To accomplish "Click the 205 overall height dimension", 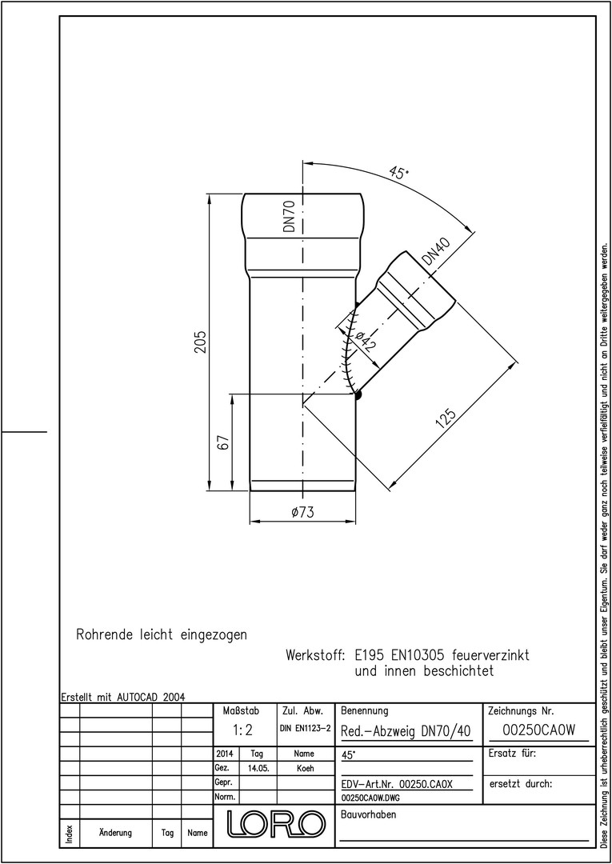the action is [x=200, y=342].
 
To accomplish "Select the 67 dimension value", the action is [x=222, y=442].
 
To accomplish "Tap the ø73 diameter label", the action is [x=302, y=513].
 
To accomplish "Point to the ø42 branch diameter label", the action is [x=366, y=342].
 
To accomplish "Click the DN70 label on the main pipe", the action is [x=290, y=216].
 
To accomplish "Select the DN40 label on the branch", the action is [x=436, y=252].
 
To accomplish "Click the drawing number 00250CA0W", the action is [x=539, y=730].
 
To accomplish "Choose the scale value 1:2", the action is [x=242, y=730].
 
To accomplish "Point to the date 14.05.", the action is [x=258, y=769].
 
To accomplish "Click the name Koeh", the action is [x=305, y=769].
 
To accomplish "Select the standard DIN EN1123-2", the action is [x=305, y=729].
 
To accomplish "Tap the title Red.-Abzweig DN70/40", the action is [x=406, y=731].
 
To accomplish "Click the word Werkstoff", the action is [x=315, y=656].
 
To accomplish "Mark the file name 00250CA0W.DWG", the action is [x=370, y=798].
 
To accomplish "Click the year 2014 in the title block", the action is [x=225, y=754].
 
